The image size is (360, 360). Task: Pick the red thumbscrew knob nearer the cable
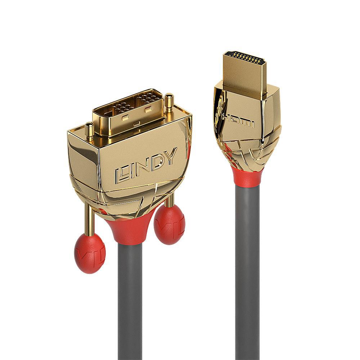coord(169,225)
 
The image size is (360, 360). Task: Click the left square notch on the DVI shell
coord(125,118)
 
